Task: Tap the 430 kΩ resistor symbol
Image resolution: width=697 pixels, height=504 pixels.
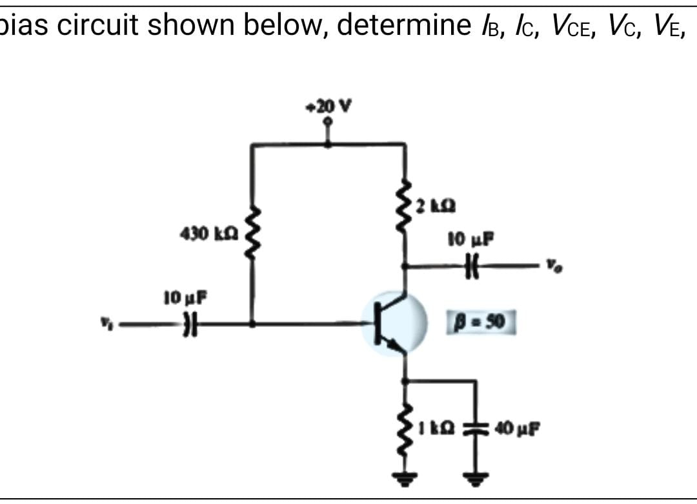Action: [252, 236]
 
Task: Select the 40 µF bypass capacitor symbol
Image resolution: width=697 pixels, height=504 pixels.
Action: [476, 428]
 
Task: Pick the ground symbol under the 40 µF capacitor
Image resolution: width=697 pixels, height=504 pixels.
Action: [476, 480]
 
